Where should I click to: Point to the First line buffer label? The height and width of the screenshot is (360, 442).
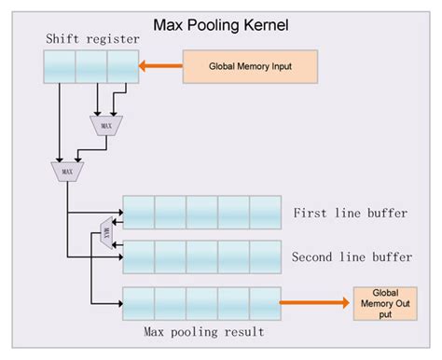[350, 214]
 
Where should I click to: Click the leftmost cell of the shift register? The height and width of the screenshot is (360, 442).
[59, 66]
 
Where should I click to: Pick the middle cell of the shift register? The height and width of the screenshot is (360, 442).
[90, 66]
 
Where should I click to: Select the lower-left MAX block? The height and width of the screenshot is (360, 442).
[65, 171]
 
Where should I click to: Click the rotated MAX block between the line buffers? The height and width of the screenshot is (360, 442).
[105, 233]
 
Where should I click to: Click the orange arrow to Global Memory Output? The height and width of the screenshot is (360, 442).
[314, 302]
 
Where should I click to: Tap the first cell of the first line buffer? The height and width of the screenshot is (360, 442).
[138, 212]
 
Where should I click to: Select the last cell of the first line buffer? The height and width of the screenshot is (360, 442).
[265, 212]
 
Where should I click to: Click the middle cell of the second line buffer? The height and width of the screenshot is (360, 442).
[201, 256]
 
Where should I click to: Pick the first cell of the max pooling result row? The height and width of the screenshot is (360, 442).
[138, 303]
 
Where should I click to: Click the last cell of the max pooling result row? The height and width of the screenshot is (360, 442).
[265, 303]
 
